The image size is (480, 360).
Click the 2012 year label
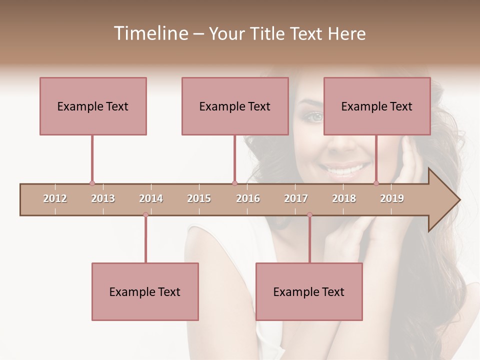[x=55, y=198]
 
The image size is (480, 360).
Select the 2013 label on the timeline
[x=103, y=198]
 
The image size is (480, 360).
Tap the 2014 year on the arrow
[x=151, y=198]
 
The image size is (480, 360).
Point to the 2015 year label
[x=199, y=198]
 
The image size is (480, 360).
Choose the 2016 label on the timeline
[x=248, y=198]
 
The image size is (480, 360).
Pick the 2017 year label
[x=296, y=198]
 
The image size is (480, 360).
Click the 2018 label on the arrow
[x=344, y=198]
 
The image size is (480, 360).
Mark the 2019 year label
[x=392, y=198]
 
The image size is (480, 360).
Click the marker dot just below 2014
[x=145, y=215]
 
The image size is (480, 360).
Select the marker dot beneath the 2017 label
[x=309, y=215]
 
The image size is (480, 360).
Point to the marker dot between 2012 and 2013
[x=92, y=183]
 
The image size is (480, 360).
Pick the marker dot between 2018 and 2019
[x=376, y=183]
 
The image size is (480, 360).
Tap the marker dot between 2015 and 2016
[x=234, y=183]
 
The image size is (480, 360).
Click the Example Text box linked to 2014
[x=145, y=291]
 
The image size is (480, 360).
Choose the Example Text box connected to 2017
[x=309, y=291]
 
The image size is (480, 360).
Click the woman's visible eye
[x=315, y=117]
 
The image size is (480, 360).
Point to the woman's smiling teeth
[x=345, y=170]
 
